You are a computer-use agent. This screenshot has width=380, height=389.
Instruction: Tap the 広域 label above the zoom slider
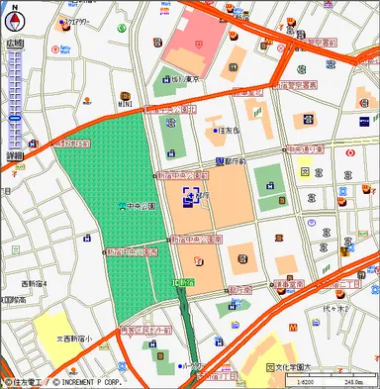click(x=14, y=43)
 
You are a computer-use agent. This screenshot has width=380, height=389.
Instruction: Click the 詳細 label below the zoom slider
click(x=14, y=156)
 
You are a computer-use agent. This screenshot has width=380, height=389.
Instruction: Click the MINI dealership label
click(x=126, y=101)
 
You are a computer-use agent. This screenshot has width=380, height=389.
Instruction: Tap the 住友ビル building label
click(x=230, y=130)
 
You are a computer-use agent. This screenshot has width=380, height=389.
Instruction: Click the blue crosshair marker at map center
click(x=191, y=198)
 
